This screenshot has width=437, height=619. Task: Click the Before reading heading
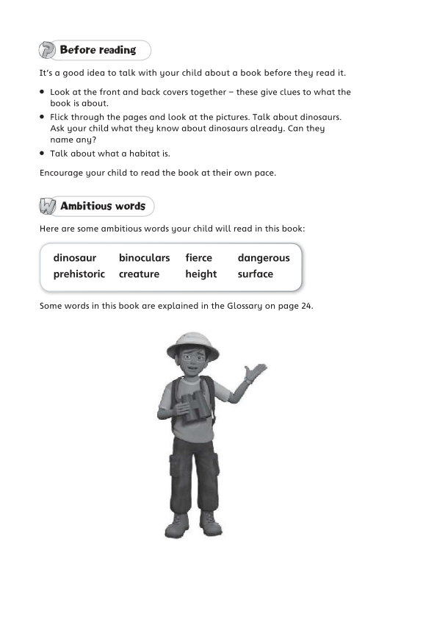tap(98, 50)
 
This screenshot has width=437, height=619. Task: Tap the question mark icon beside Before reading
tap(47, 51)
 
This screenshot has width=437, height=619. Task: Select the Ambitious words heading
tap(103, 206)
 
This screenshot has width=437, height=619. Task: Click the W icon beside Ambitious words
tap(48, 207)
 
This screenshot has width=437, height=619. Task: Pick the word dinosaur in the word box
tap(75, 258)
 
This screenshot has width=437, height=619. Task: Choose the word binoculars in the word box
tap(144, 258)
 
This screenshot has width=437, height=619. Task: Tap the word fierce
tap(198, 258)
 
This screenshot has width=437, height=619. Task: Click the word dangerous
tap(264, 258)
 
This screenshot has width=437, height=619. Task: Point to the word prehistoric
tap(79, 274)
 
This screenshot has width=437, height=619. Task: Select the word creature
tap(139, 274)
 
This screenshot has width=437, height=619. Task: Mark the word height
tap(201, 274)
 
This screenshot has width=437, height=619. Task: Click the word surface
tap(255, 274)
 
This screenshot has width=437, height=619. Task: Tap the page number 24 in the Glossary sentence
tap(307, 306)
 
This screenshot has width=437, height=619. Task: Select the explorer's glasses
tap(192, 362)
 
